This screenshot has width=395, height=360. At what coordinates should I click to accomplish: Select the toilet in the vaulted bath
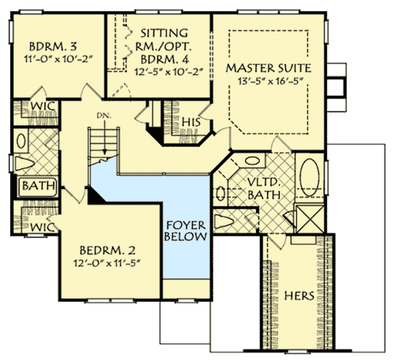tap(224, 221)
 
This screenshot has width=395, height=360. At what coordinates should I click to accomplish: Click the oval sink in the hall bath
tap(21, 141)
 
